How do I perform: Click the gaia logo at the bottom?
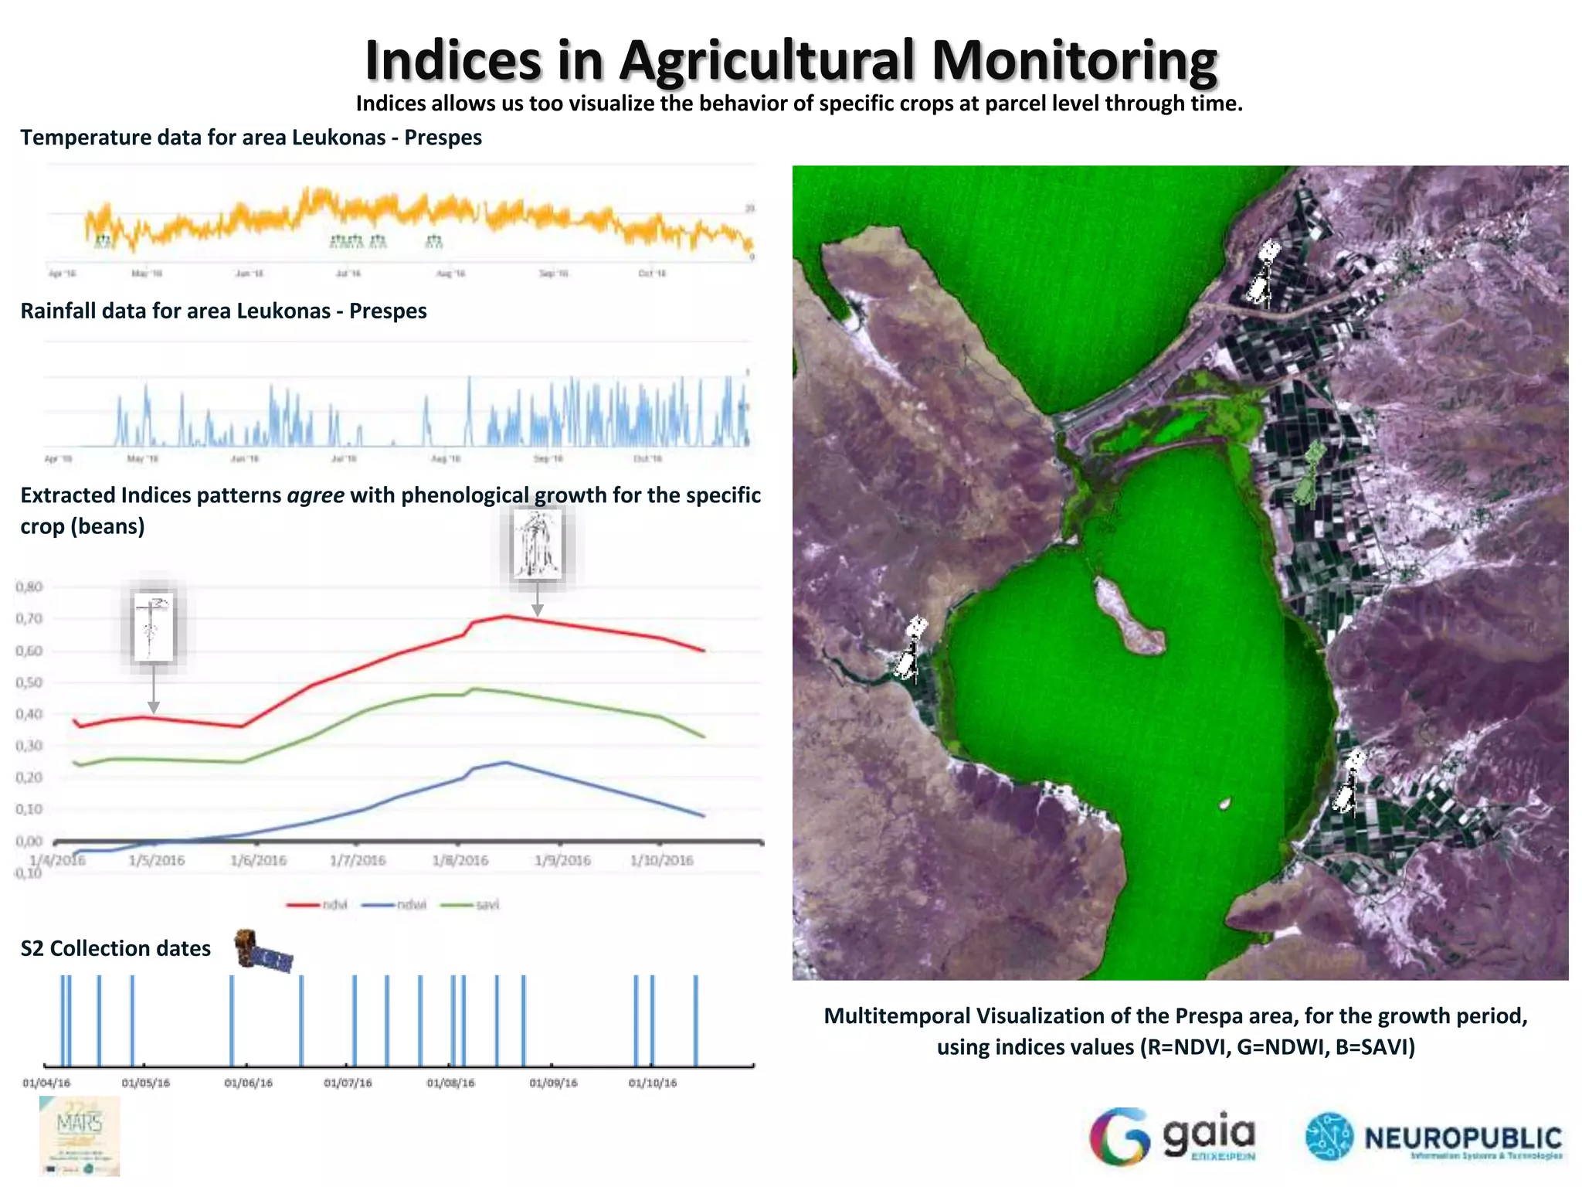pos(1174,1136)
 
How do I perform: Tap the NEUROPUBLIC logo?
pos(1434,1138)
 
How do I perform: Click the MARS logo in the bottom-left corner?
pos(80,1135)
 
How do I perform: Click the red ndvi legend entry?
pos(317,905)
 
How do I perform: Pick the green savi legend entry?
pos(470,905)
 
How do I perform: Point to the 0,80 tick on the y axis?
pos(29,587)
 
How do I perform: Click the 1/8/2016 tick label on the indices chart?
pos(460,860)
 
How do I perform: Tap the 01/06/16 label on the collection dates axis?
pos(248,1083)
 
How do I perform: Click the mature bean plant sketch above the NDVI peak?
pos(537,544)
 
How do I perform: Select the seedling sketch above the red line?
pos(153,627)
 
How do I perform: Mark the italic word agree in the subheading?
pos(315,495)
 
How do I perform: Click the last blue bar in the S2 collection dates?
pos(695,1020)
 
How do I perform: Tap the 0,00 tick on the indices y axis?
pos(29,841)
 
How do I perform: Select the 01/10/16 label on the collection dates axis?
pos(652,1083)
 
